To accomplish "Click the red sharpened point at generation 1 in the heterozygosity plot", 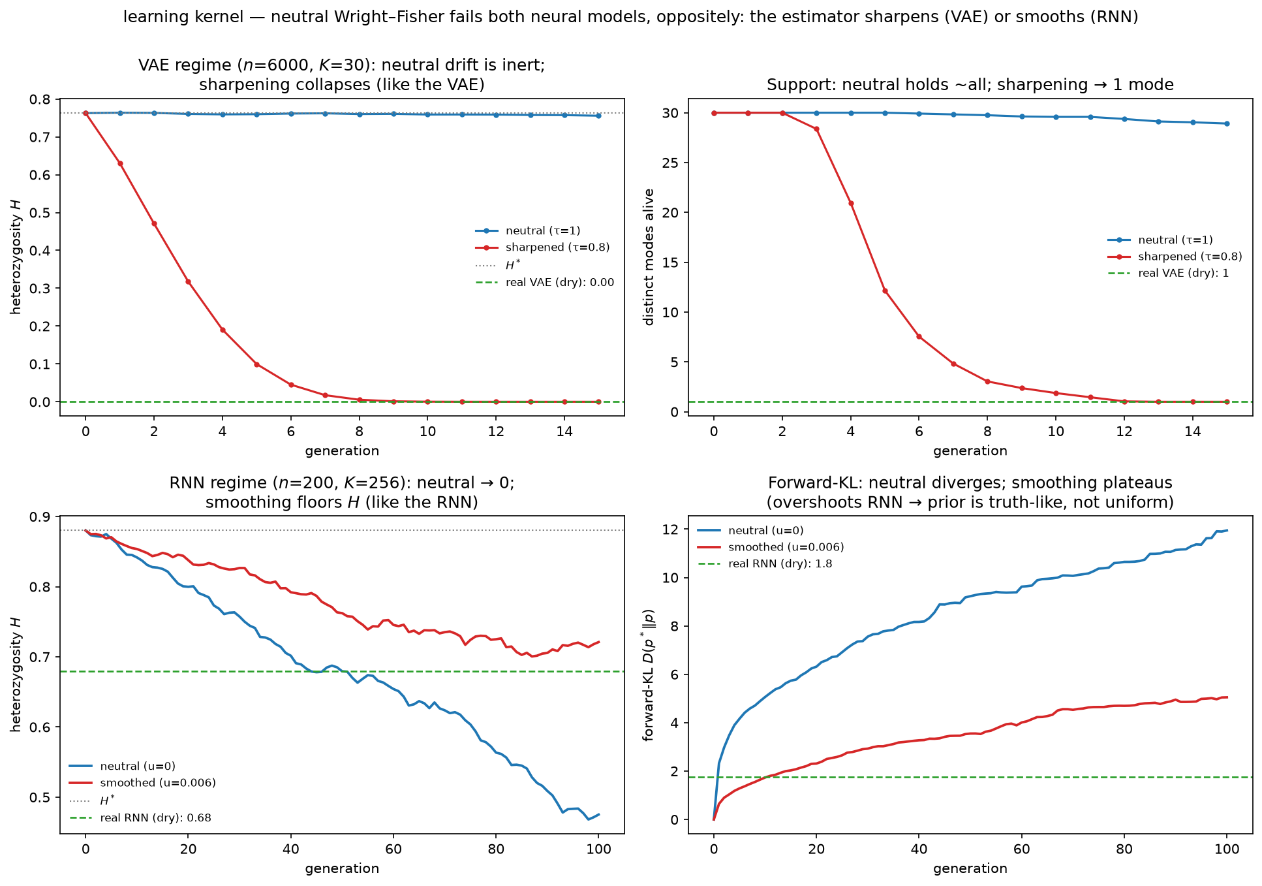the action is [x=120, y=163].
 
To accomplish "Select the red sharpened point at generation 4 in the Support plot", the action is [x=851, y=203].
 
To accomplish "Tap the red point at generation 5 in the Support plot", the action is [x=885, y=291].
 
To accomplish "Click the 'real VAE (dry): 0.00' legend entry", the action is [x=545, y=283].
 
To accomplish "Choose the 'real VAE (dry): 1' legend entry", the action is [x=1168, y=273].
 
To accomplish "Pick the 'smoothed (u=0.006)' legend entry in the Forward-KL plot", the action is [x=771, y=547].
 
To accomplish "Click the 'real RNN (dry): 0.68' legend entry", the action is [x=140, y=817].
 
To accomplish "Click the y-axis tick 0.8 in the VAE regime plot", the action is [x=44, y=99].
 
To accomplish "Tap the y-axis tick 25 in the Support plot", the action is [x=673, y=163].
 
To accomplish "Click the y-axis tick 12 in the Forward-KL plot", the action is [x=673, y=530].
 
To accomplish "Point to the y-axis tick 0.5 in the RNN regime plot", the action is [x=44, y=797].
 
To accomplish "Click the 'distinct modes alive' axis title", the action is [x=649, y=257].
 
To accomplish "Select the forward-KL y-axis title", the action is [x=649, y=675].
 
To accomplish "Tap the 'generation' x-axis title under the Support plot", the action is [x=970, y=451].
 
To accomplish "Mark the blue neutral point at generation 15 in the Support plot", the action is [x=1227, y=123].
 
